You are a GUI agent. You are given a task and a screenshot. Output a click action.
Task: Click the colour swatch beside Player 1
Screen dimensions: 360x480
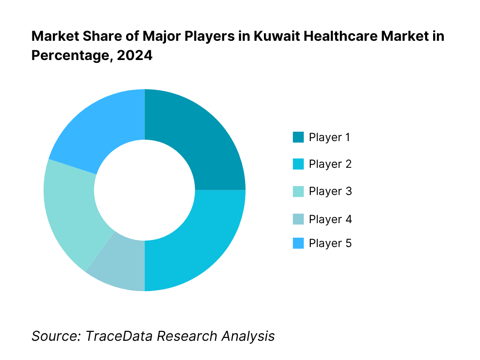point(298,137)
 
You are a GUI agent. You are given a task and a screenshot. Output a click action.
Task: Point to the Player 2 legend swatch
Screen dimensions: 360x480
point(298,164)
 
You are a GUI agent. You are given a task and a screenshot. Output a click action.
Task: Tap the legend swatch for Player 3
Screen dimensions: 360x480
point(298,191)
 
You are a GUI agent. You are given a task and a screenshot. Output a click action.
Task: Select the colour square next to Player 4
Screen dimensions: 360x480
point(298,219)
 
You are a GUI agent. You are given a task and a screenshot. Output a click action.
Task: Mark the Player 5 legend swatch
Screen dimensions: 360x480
point(298,243)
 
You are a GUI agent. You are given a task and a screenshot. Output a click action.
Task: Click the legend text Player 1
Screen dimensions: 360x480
point(330,137)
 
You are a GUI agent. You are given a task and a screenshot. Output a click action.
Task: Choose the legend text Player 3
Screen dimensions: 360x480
point(330,191)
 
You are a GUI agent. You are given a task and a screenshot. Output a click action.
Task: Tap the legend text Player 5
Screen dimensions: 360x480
point(330,243)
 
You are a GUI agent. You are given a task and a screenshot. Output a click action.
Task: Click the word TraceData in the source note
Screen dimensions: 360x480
point(119,336)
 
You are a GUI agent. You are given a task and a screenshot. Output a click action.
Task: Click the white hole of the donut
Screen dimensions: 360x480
point(144,190)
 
